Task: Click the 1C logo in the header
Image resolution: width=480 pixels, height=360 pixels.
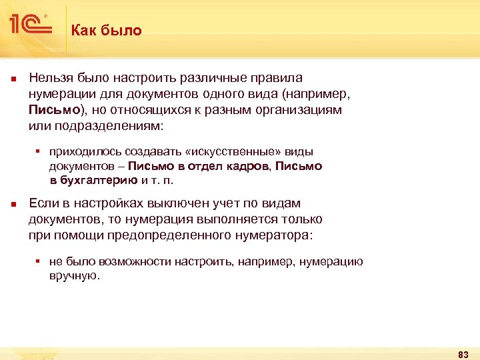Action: pos(31,25)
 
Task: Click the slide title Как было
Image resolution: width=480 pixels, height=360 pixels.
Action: pos(107,30)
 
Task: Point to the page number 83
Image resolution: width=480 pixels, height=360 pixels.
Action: pos(463,353)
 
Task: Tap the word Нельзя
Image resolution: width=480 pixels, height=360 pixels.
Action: pos(50,79)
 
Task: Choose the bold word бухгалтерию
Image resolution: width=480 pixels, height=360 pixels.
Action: pos(99,179)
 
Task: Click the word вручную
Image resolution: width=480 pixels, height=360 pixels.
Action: pos(73,275)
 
